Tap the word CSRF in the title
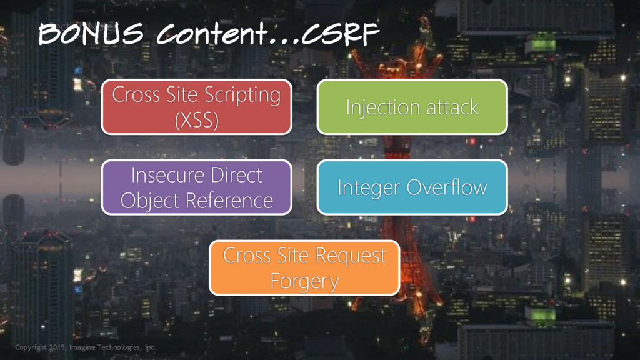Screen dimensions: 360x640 click(x=340, y=34)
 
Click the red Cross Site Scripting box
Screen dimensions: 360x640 click(x=196, y=107)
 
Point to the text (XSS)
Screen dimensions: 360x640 click(x=196, y=119)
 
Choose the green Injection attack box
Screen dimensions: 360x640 click(x=412, y=107)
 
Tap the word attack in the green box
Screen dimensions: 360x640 click(x=452, y=107)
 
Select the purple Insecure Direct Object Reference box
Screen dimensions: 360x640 click(x=196, y=187)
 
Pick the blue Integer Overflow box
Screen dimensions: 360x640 click(x=412, y=187)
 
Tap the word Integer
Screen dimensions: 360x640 click(x=369, y=187)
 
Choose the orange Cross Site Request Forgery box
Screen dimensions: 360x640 click(x=304, y=267)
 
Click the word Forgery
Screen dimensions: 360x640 click(x=304, y=281)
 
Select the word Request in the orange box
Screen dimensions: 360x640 click(x=350, y=256)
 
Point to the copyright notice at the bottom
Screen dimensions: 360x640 click(x=86, y=347)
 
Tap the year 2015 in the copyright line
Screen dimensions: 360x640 click(x=58, y=347)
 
